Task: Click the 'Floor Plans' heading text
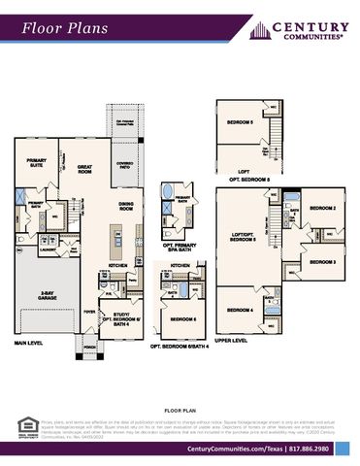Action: point(59,30)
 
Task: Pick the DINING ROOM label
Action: point(125,206)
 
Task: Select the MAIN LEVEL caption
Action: point(32,343)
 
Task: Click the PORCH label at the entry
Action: point(89,346)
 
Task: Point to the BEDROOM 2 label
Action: point(322,208)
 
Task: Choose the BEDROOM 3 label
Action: point(322,262)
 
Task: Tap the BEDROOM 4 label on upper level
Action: point(240,310)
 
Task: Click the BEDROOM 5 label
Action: point(239,123)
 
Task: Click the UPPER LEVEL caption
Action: point(231,341)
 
